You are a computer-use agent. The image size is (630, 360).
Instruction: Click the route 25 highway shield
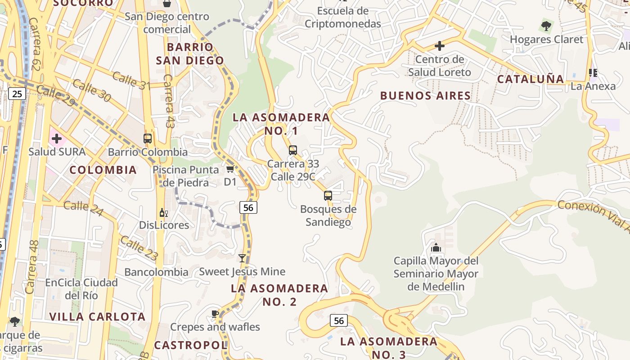point(17,94)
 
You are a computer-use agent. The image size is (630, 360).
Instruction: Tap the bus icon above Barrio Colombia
point(148,139)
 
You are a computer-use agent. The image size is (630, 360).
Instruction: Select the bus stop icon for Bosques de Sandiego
point(328,196)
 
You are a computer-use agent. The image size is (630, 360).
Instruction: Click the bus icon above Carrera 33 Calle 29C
point(293,150)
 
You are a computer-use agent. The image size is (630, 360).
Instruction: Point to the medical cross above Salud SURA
point(57,139)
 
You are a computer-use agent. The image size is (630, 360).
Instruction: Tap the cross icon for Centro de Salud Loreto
point(440,46)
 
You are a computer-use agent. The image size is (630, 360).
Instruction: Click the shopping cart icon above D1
point(230,169)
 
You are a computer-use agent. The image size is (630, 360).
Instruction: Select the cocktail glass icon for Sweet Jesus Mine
point(242,258)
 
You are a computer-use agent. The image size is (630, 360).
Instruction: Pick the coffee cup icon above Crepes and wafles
point(215,314)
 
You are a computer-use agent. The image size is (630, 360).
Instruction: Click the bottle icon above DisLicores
point(163,212)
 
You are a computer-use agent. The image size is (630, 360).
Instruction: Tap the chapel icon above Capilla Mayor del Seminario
point(436,247)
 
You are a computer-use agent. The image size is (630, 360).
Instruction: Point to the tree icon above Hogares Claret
point(546,26)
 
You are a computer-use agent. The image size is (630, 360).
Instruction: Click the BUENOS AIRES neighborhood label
point(425,95)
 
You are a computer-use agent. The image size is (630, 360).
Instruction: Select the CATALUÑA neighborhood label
point(530,79)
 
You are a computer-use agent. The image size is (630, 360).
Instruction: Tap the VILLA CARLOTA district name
point(97,316)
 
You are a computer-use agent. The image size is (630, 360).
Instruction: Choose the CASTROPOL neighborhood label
point(191,345)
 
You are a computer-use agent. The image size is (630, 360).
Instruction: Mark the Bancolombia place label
point(156,272)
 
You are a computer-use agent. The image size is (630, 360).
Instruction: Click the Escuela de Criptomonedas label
point(343,17)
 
